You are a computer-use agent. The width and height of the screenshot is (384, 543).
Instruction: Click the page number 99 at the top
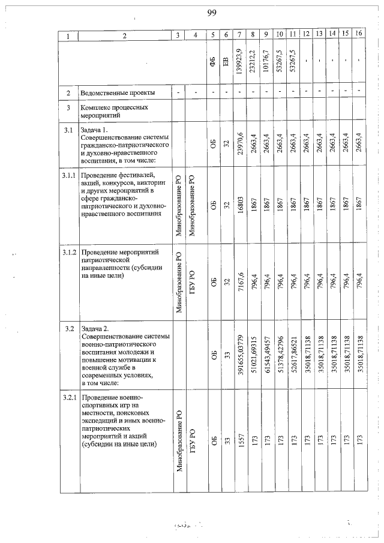(211, 14)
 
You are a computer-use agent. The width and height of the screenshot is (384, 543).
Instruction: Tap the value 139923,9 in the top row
(239, 61)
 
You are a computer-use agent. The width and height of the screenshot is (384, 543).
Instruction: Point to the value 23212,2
(253, 61)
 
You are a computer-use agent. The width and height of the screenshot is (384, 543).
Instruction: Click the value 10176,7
(266, 61)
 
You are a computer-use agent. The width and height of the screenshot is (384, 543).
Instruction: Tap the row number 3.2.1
(69, 398)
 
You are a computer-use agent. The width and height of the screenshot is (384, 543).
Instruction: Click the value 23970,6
(239, 144)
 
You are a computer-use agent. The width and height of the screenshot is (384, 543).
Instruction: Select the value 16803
(239, 204)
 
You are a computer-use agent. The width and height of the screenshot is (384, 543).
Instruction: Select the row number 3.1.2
(69, 253)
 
